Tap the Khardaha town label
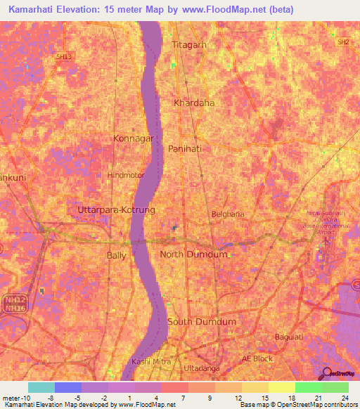193,103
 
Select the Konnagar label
133,139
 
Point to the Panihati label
186,149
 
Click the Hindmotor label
124,175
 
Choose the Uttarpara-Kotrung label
111,210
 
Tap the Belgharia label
228,214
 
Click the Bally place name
116,255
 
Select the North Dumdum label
193,254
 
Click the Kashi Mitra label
151,361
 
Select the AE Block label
257,358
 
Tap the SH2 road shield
342,43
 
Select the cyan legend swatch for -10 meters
41,387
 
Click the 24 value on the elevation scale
344,397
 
